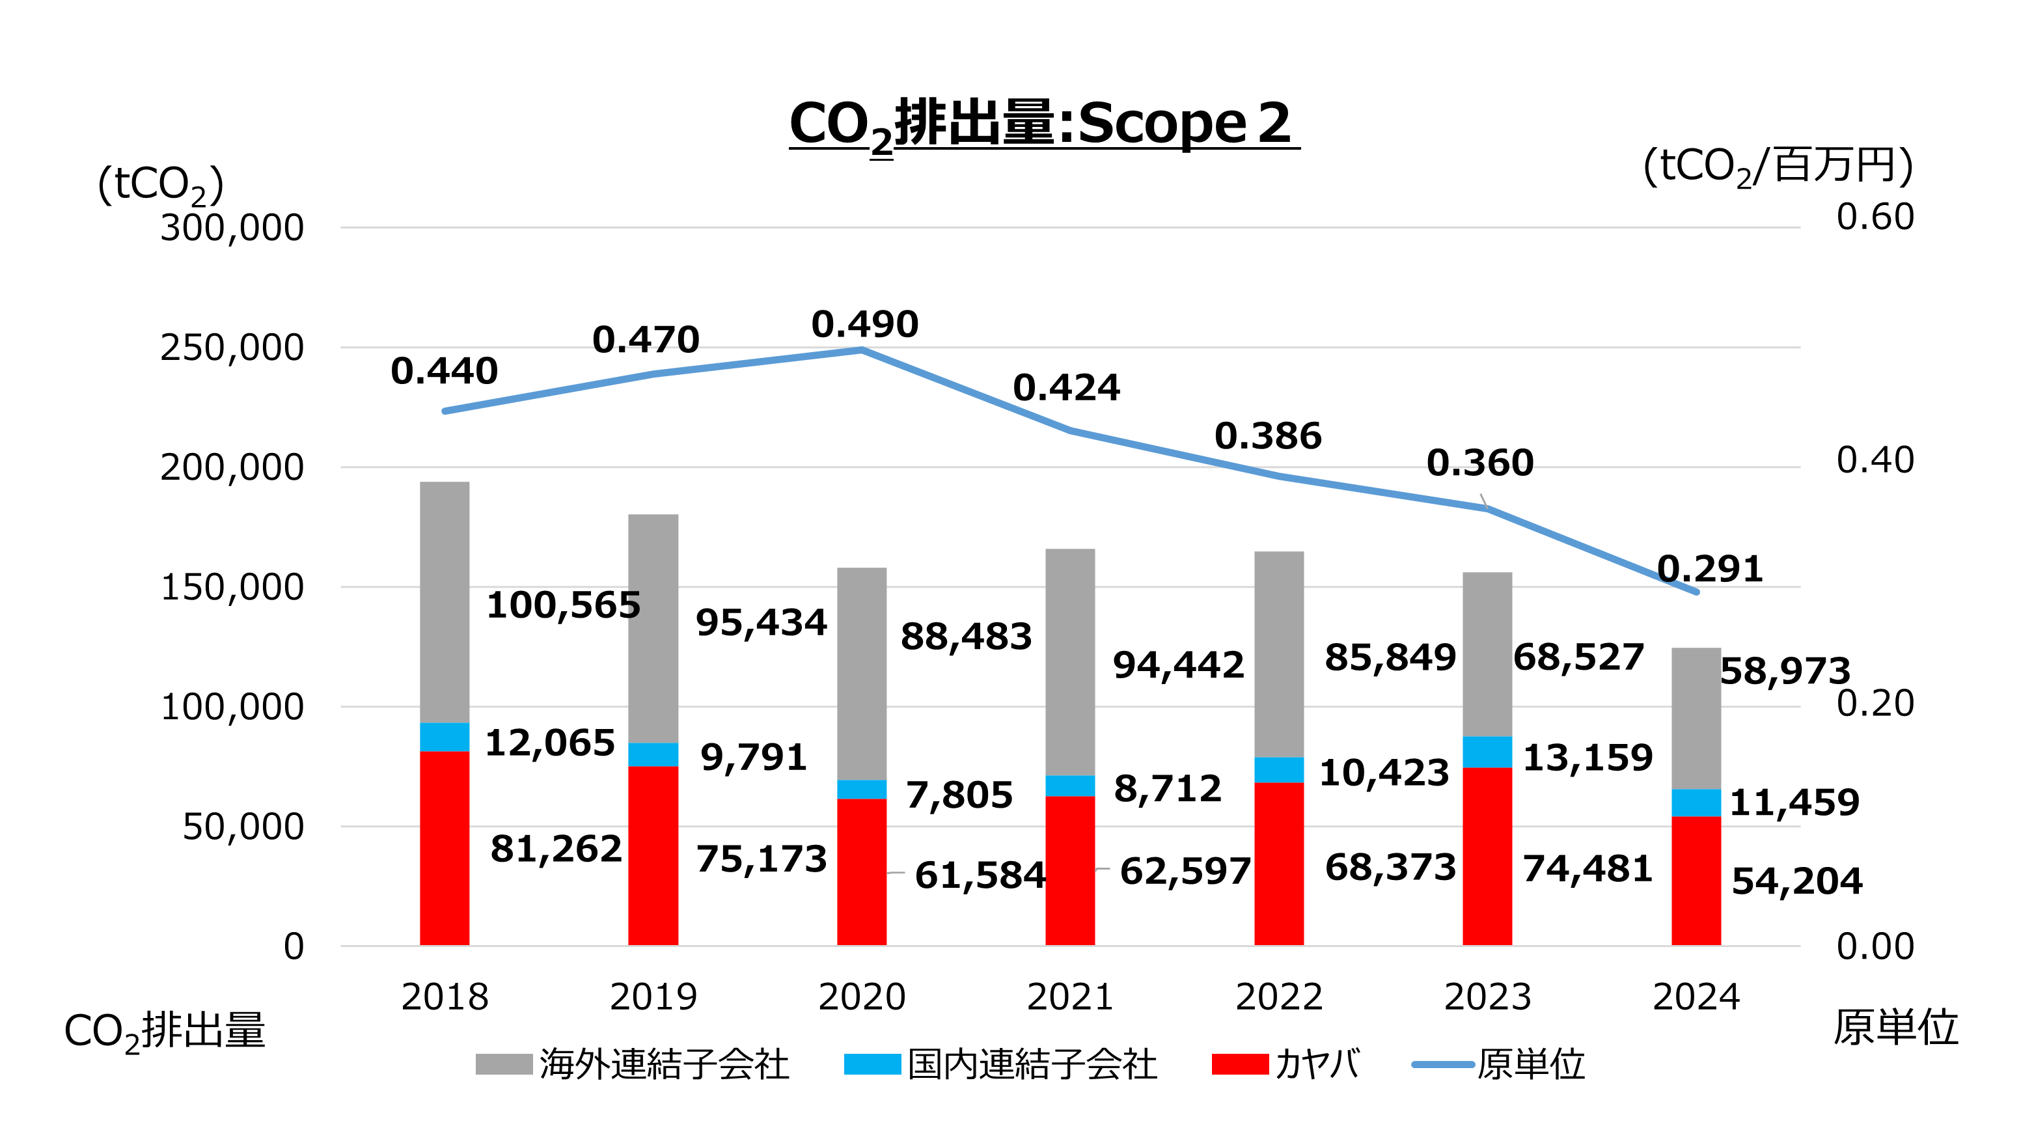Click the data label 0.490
coord(864,324)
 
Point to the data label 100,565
coord(563,605)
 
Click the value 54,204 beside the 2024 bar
coord(1796,881)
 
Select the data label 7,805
coord(959,795)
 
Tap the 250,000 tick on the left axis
coord(231,348)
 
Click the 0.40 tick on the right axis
coord(1875,460)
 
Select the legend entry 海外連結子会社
coord(631,1064)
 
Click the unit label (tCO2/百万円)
coord(1778,167)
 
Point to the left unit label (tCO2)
coord(160,185)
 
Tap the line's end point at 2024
coord(1696,591)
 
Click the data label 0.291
coord(1709,569)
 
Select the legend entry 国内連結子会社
coord(1000,1064)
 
